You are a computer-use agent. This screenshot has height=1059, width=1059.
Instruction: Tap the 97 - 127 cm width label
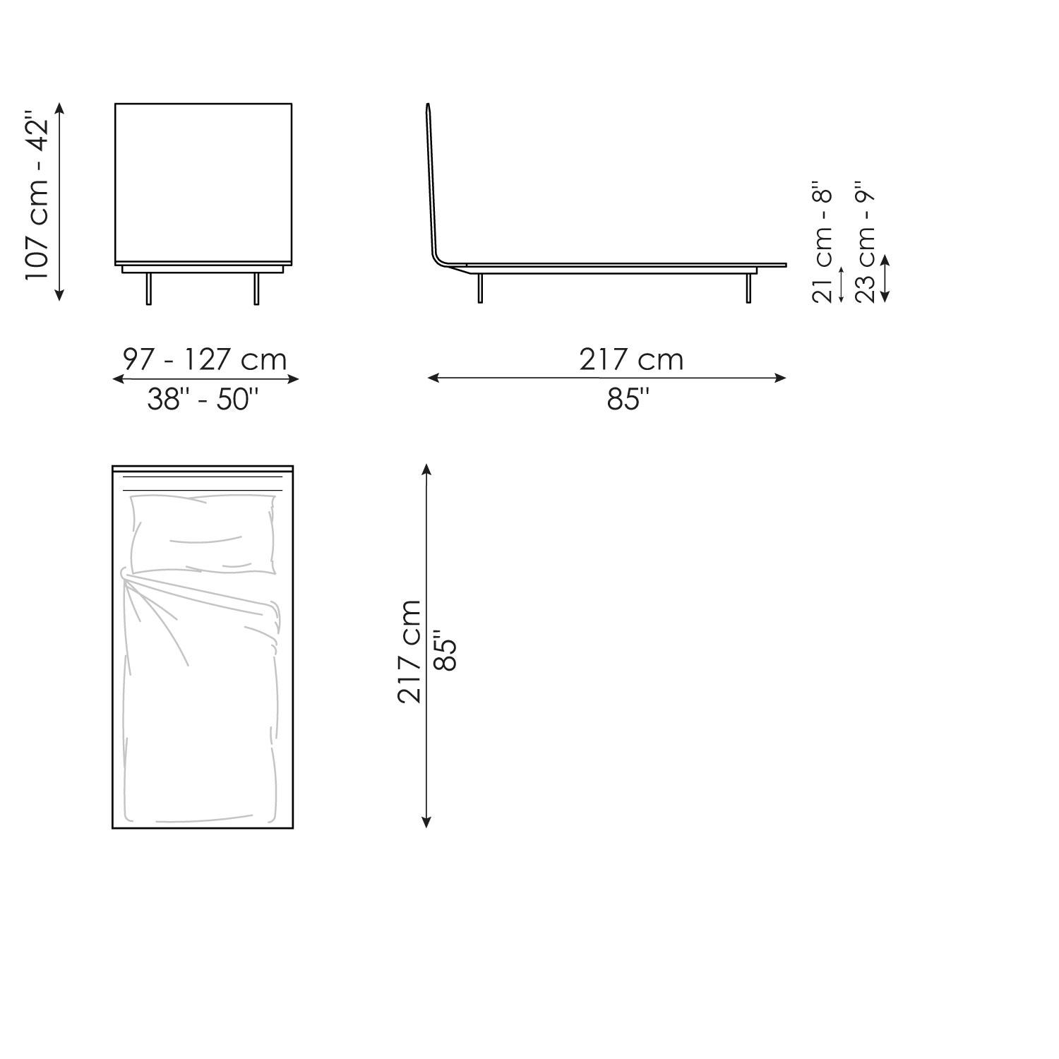point(205,359)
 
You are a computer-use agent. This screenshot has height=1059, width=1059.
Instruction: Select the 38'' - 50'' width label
point(203,400)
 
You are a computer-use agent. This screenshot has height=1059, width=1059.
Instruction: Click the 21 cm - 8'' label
point(823,246)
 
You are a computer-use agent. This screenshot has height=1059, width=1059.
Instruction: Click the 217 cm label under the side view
point(631,359)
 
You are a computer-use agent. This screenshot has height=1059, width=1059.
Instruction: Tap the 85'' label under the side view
point(628,400)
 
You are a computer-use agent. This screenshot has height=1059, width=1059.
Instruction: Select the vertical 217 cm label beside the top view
point(409,651)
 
